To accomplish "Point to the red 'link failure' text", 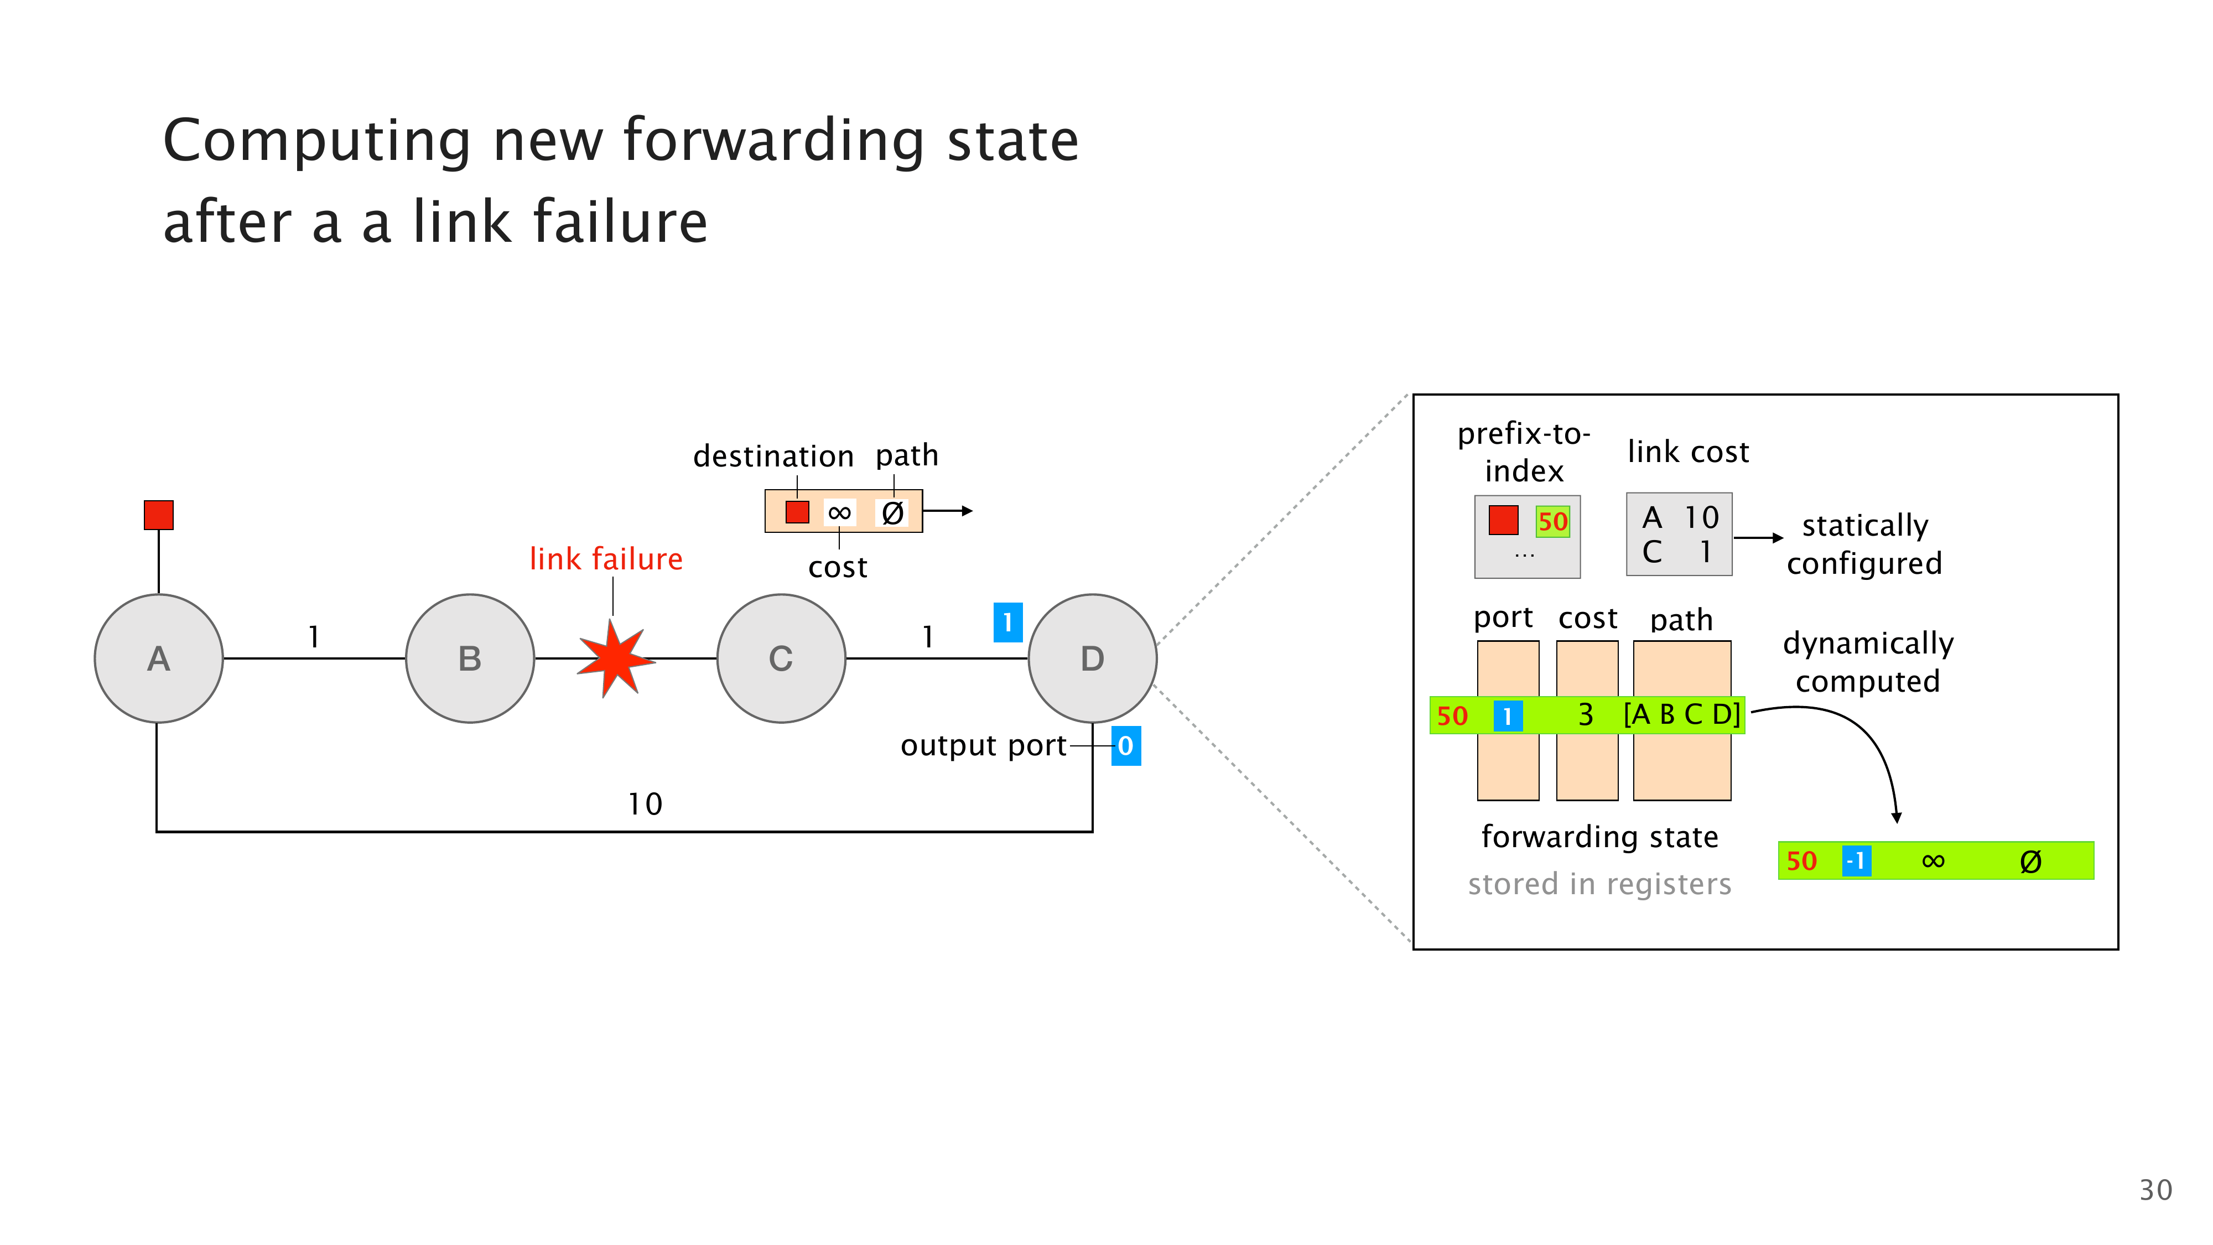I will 606,559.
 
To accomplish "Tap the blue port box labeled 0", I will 1125,746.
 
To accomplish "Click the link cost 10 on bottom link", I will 645,804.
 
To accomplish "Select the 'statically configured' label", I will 1864,544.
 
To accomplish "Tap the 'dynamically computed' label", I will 1868,662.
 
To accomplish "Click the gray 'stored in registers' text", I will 1599,884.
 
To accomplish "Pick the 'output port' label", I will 983,746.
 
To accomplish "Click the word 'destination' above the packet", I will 773,456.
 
